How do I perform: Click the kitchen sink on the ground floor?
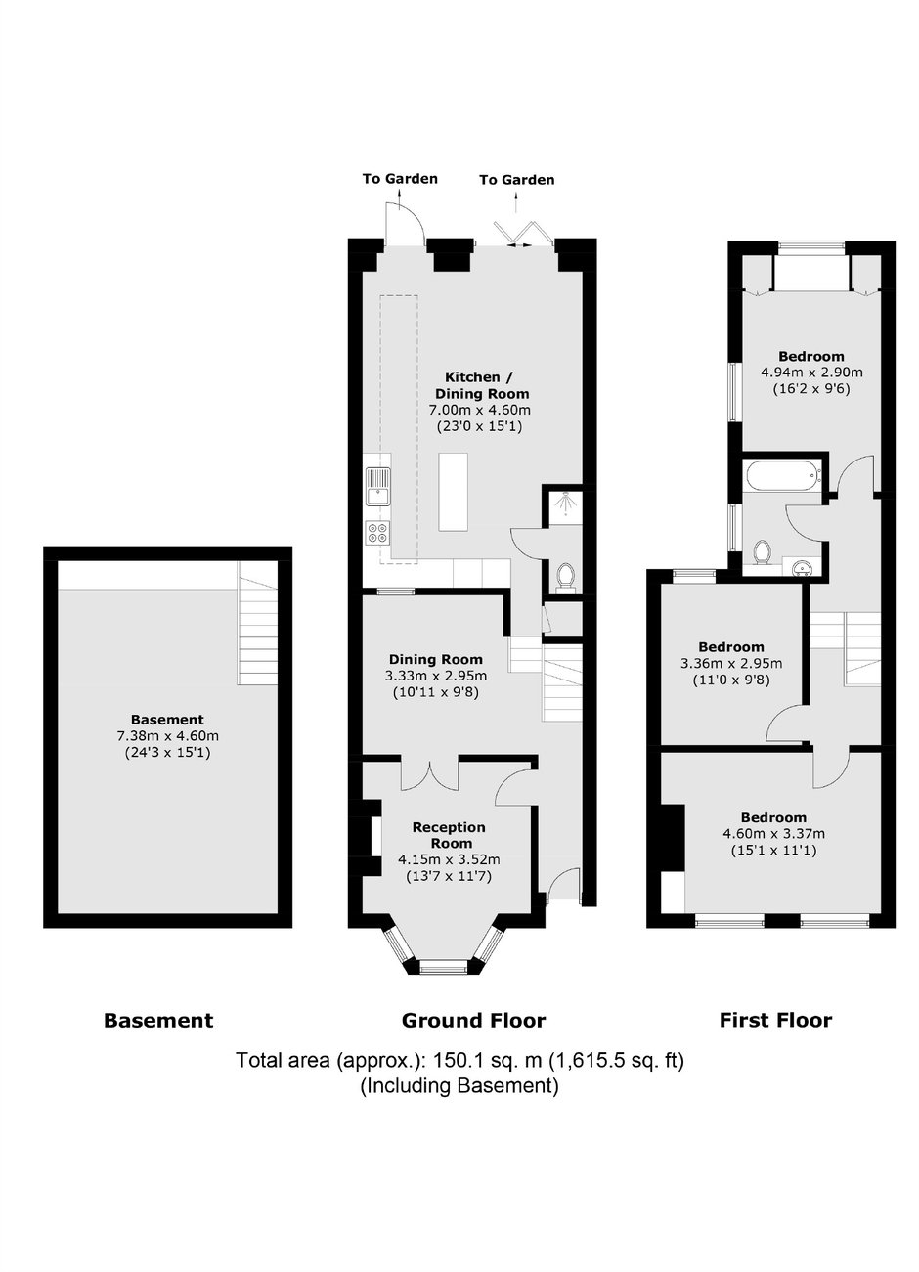(377, 486)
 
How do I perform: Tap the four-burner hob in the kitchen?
(378, 533)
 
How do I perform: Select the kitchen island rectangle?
(454, 492)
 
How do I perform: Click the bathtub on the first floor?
(782, 476)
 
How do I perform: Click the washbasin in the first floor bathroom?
(802, 566)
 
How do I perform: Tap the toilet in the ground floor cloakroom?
(565, 575)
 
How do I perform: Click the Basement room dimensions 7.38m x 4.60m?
(167, 736)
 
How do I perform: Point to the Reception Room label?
(450, 835)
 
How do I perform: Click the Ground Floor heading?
(473, 1021)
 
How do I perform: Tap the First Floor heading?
(775, 1020)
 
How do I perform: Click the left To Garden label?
(400, 179)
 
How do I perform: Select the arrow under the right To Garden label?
(516, 202)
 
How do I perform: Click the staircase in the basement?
(257, 624)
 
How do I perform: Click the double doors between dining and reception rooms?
(430, 774)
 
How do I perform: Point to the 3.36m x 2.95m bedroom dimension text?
(731, 663)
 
